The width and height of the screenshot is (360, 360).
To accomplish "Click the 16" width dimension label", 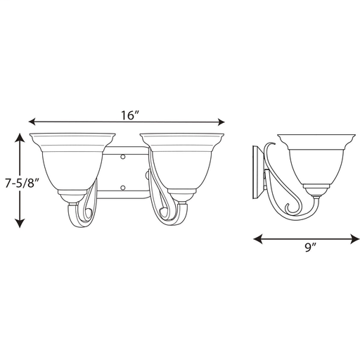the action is (130, 115).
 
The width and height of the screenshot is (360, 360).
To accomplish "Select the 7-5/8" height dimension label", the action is (22, 183).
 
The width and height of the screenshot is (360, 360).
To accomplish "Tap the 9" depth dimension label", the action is (311, 247).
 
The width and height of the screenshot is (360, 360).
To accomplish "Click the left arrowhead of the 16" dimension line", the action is (32, 122).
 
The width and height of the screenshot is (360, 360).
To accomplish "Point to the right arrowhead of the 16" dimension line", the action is (221, 122).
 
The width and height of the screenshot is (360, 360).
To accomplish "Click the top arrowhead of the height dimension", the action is (20, 137).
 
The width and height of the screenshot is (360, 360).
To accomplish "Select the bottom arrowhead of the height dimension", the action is (20, 223).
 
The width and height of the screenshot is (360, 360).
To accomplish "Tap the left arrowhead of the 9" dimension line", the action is (258, 239).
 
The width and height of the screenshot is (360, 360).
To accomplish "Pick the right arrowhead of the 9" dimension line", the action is (355, 239).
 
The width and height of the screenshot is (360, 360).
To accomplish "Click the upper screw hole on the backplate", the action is (122, 157).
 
